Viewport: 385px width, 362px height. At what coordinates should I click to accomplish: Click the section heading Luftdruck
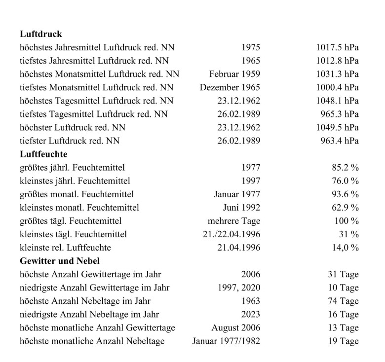pyautogui.click(x=41, y=35)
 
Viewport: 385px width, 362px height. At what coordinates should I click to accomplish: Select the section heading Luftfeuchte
pyautogui.click(x=43, y=154)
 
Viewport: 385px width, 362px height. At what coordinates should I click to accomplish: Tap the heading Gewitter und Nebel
pyautogui.click(x=60, y=261)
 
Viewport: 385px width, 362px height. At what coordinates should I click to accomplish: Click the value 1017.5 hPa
pyautogui.click(x=337, y=48)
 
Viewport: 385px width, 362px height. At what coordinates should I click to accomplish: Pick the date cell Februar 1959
pyautogui.click(x=234, y=74)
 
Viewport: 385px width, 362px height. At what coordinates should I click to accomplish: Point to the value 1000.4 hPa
pyautogui.click(x=337, y=88)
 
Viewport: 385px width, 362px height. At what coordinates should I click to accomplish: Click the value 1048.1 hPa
pyautogui.click(x=337, y=101)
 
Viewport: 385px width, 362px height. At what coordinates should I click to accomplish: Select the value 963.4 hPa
pyautogui.click(x=340, y=141)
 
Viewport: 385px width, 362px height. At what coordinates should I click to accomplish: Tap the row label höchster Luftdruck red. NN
pyautogui.click(x=73, y=128)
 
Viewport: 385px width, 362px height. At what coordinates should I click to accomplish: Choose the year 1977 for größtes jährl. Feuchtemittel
pyautogui.click(x=251, y=168)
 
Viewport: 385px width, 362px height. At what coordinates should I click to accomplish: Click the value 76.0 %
pyautogui.click(x=345, y=181)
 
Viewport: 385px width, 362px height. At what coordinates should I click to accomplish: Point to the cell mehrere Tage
pyautogui.click(x=234, y=221)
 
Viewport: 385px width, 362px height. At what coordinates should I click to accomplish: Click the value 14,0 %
pyautogui.click(x=345, y=248)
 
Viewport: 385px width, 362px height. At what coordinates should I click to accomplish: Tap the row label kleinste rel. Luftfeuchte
pyautogui.click(x=65, y=248)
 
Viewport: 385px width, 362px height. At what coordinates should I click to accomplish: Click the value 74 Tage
pyautogui.click(x=343, y=301)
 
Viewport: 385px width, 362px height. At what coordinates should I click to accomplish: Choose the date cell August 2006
pyautogui.click(x=235, y=327)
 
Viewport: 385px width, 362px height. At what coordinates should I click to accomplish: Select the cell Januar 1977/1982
pyautogui.click(x=226, y=341)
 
